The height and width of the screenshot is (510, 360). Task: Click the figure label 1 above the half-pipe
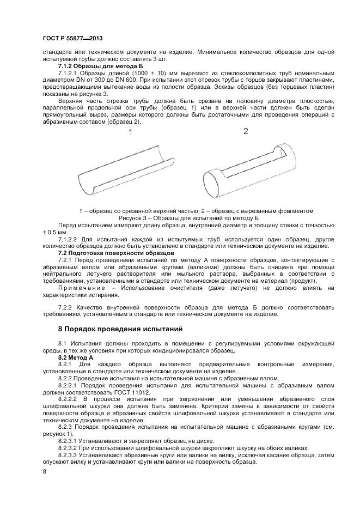click(x=131, y=132)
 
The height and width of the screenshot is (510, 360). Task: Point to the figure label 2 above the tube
click(x=246, y=131)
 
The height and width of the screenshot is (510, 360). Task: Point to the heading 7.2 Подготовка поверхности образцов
click(x=116, y=253)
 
